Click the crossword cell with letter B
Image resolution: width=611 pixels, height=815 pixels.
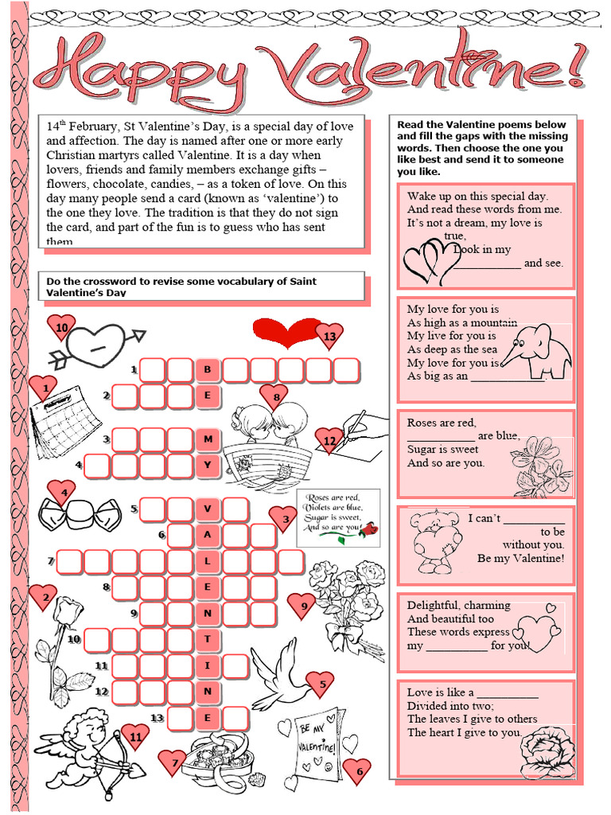[x=208, y=370]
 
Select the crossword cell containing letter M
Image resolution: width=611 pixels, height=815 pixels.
[x=208, y=439]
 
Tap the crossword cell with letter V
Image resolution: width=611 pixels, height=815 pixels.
[x=208, y=509]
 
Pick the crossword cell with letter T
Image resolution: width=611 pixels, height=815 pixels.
[x=208, y=639]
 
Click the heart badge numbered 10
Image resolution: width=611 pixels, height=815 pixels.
[x=61, y=327]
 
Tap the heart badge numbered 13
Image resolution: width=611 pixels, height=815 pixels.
[x=329, y=337]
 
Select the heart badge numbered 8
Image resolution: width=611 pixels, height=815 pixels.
[x=275, y=396]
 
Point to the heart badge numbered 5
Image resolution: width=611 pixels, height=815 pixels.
[x=321, y=683]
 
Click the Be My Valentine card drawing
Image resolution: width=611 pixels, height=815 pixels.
[x=318, y=744]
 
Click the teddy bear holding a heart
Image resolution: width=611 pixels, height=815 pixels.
[x=435, y=542]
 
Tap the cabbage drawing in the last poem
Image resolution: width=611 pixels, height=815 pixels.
[x=547, y=751]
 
